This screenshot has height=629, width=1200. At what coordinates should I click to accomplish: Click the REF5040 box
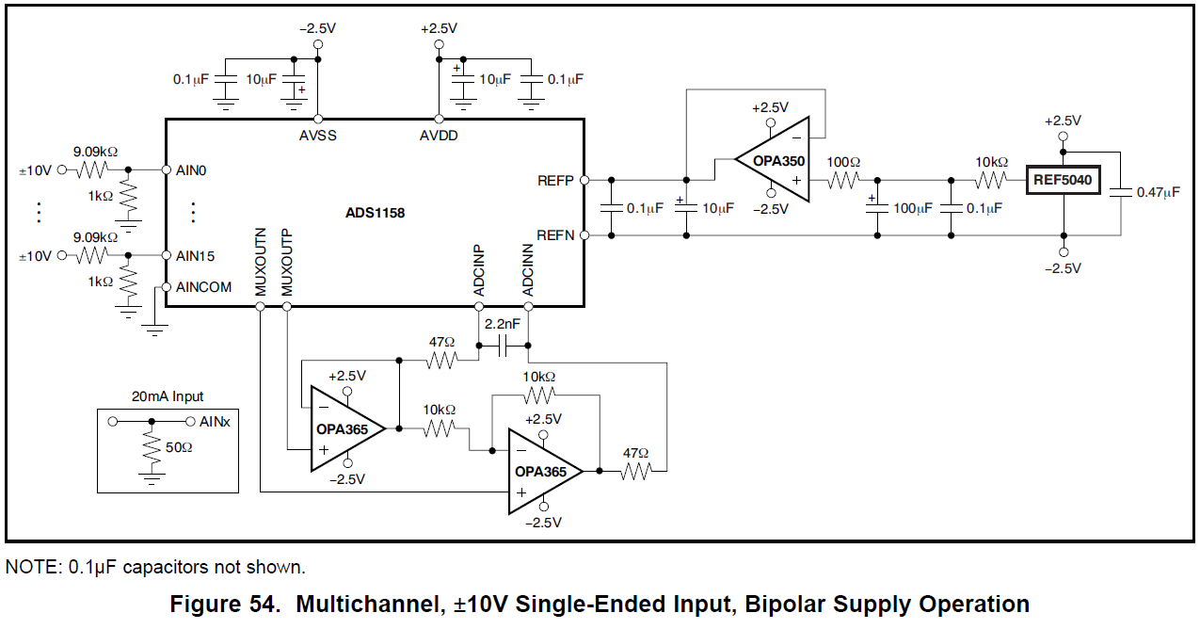[x=1063, y=180]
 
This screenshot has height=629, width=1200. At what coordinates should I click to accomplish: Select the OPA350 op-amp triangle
[x=773, y=160]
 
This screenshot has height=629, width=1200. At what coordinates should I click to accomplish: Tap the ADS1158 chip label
[x=375, y=213]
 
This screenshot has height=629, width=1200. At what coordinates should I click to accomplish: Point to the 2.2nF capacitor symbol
[x=503, y=346]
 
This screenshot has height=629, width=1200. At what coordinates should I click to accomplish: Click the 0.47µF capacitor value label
[x=1159, y=192]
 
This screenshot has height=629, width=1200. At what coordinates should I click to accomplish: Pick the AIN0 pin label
[x=191, y=170]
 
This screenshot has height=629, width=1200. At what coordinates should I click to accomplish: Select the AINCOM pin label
[x=203, y=287]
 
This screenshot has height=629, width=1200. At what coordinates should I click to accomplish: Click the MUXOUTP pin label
[x=287, y=263]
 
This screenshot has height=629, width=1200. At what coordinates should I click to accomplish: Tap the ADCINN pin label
[x=528, y=270]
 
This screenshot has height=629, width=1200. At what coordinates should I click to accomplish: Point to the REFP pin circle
[x=584, y=181]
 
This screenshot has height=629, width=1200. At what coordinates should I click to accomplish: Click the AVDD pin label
[x=439, y=136]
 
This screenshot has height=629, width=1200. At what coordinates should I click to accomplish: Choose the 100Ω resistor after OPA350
[x=843, y=181]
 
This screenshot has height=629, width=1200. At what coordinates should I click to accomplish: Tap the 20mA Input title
[x=168, y=396]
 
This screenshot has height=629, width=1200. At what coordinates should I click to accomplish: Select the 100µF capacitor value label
[x=913, y=208]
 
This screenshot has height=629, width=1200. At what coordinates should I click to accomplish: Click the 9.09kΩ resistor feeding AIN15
[x=92, y=255]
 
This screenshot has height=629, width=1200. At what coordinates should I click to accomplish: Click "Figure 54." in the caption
[x=225, y=604]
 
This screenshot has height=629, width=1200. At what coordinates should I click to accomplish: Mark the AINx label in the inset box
[x=215, y=422]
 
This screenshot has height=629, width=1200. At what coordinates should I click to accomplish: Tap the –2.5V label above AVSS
[x=318, y=28]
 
